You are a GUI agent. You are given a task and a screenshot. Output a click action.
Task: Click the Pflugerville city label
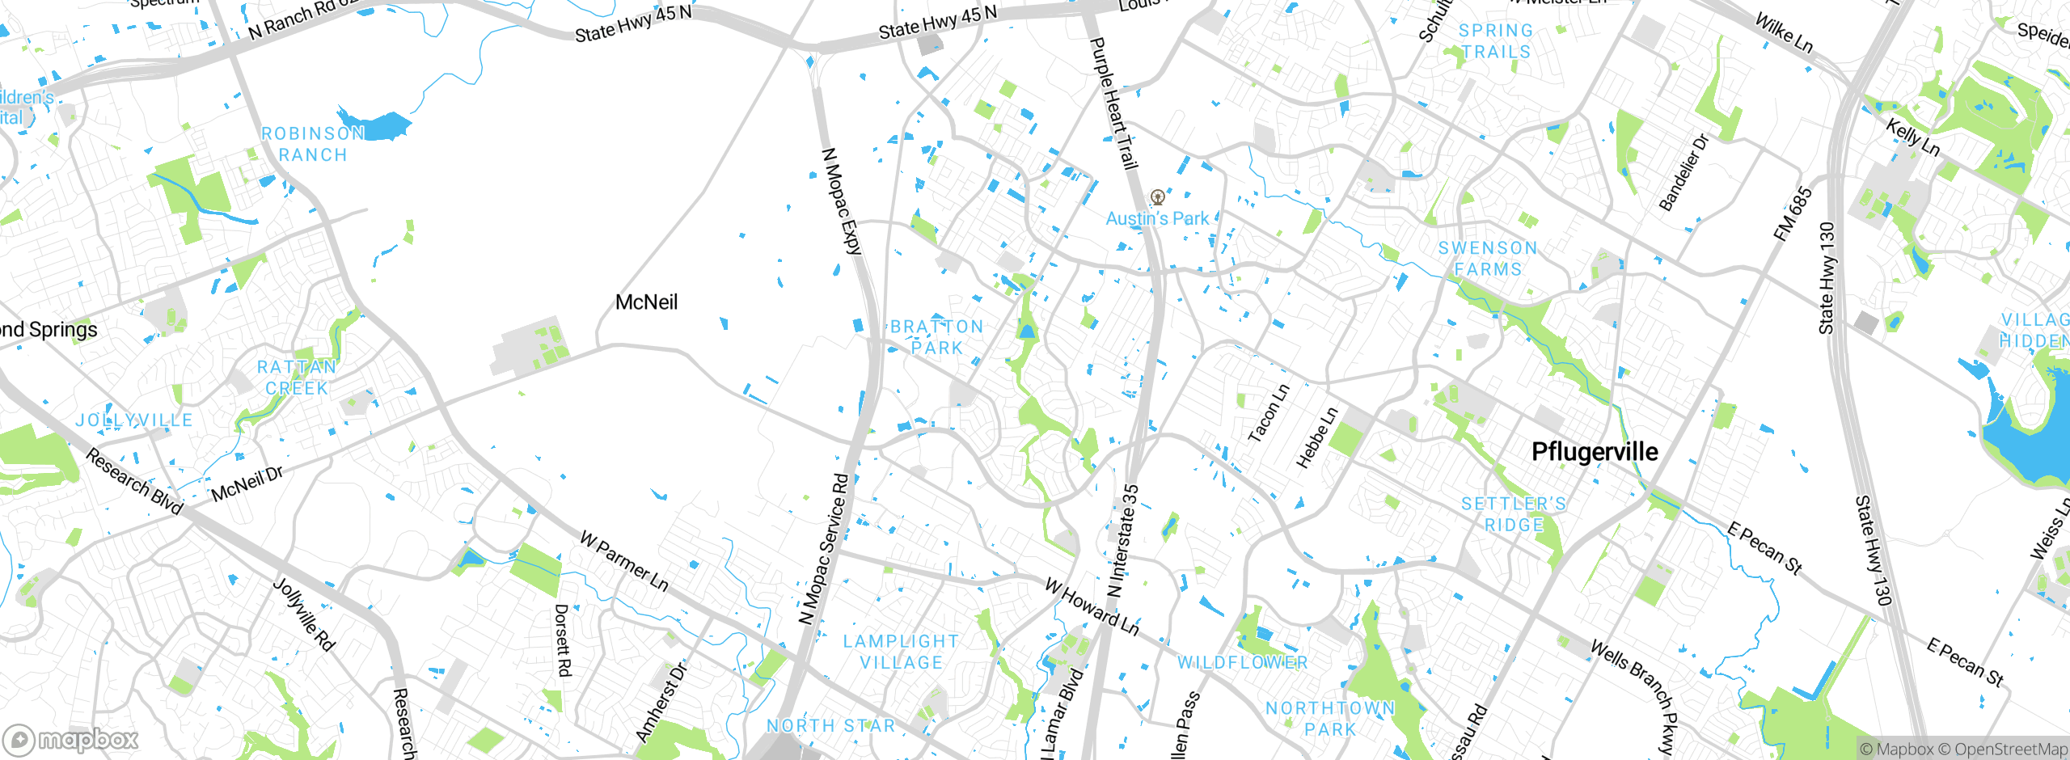1595,452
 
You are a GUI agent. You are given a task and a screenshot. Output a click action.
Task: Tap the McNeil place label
646,302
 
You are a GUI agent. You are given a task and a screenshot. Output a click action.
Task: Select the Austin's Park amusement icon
1158,196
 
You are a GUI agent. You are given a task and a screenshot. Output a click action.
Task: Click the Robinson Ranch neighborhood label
313,144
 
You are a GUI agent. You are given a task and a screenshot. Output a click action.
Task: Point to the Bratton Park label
937,337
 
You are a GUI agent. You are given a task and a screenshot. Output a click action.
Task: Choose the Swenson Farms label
1488,259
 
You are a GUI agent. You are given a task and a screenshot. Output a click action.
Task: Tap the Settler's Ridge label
1514,514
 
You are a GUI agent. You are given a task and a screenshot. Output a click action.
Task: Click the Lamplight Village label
901,652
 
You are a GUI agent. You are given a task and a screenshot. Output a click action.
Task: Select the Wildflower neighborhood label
1242,663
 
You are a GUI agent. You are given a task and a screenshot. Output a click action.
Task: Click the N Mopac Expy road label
842,201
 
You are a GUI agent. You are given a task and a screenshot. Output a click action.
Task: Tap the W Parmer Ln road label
624,561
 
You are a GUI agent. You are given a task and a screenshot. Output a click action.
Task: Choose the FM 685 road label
1793,214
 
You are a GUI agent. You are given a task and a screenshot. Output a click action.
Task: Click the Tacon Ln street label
1269,413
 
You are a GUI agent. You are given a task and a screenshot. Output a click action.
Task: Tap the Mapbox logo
71,739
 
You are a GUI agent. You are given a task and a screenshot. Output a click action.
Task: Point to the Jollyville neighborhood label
134,420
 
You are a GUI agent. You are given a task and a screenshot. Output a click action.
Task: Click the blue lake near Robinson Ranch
378,125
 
